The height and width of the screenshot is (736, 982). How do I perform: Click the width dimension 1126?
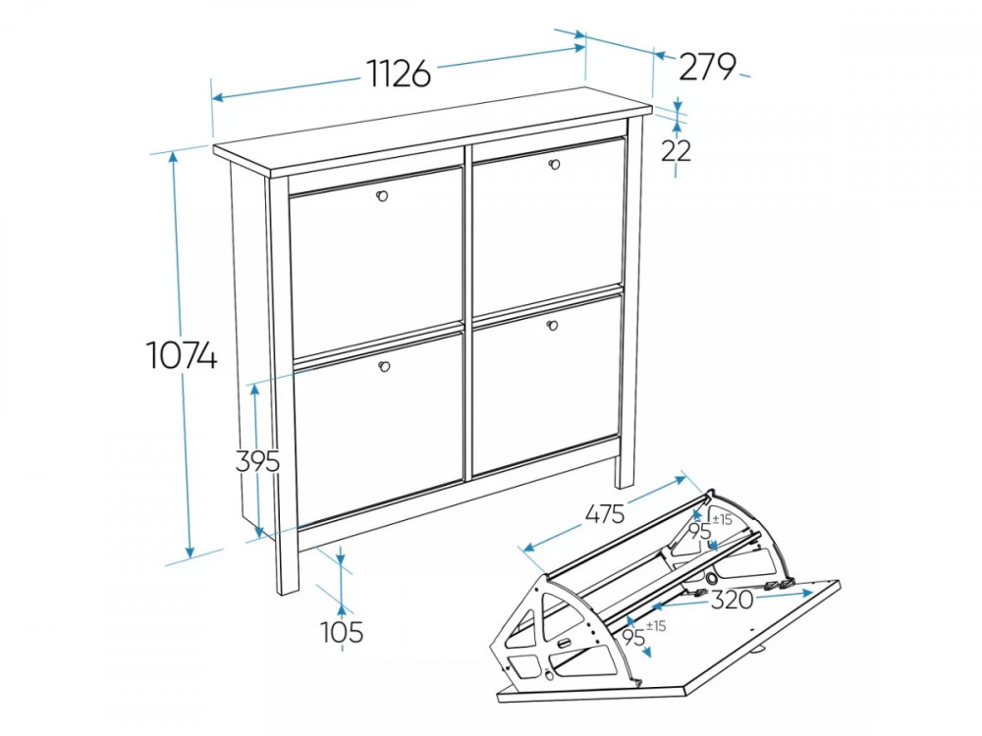coord(399,74)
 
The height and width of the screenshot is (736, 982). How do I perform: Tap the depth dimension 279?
coord(707,67)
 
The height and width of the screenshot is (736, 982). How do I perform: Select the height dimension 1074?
coord(183,355)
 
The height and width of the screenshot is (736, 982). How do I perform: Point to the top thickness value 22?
coord(676,151)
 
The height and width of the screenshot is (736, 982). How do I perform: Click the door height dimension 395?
coord(257,462)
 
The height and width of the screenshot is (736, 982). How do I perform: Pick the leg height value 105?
coord(342,632)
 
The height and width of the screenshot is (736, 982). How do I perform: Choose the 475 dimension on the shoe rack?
coord(605,514)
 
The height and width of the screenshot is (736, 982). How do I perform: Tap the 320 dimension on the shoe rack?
coord(732,600)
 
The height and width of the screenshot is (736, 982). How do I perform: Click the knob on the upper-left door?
coord(382,196)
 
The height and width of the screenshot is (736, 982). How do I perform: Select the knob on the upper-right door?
coord(553,164)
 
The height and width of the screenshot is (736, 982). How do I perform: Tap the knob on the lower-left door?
coord(385,366)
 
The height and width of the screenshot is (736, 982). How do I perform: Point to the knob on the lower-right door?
coord(552,324)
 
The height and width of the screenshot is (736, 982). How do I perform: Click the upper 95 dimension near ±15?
coord(700,532)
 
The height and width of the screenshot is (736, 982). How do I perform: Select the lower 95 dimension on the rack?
coord(633,638)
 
